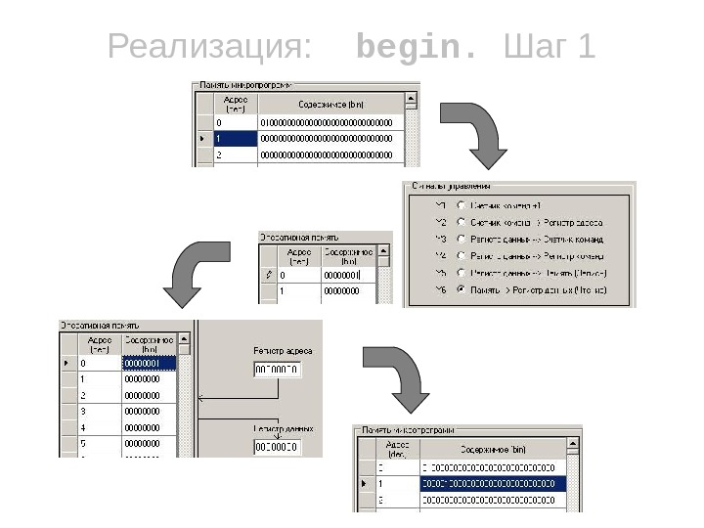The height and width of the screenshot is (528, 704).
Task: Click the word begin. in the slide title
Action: click(418, 46)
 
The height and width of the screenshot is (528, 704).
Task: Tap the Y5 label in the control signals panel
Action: click(441, 273)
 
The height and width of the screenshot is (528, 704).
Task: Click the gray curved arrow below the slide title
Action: click(474, 134)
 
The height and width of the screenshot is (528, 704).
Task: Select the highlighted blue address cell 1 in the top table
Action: click(236, 139)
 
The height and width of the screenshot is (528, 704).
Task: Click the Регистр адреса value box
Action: click(277, 370)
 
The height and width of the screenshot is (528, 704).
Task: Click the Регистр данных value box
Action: click(277, 448)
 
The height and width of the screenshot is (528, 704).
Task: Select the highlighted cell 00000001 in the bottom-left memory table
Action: click(149, 363)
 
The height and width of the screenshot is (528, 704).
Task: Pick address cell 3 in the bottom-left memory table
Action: click(99, 411)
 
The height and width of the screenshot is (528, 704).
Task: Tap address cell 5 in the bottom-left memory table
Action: click(99, 444)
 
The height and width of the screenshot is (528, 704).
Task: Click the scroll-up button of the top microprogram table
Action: click(411, 99)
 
